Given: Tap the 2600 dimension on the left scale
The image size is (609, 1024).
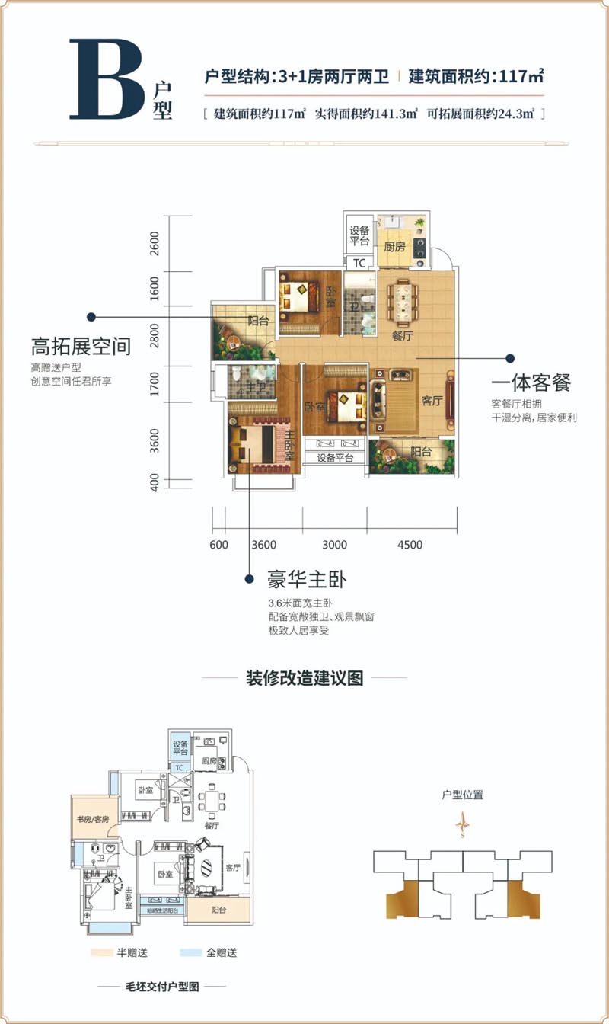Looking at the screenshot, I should (155, 243).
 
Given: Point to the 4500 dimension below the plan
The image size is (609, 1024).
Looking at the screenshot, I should (409, 545).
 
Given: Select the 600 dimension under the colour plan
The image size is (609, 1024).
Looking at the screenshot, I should (218, 545).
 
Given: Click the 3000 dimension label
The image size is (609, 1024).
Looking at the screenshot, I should (334, 545).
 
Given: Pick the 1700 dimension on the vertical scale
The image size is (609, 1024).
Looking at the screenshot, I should (155, 384).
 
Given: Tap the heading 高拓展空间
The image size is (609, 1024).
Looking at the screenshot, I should (81, 347).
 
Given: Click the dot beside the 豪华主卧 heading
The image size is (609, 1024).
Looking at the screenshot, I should (249, 580).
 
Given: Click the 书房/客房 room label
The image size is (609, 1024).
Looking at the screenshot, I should (94, 819).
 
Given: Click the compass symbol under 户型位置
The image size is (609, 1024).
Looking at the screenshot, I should (462, 824).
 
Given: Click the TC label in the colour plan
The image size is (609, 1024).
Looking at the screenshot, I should (359, 263).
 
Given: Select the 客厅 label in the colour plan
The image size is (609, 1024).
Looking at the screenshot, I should (432, 401).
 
